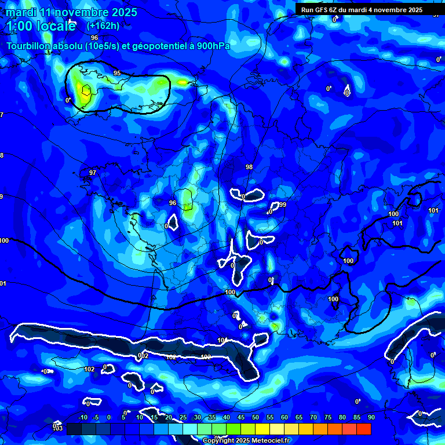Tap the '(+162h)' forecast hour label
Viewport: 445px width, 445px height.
point(103,25)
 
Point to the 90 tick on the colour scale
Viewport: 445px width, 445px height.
point(371,417)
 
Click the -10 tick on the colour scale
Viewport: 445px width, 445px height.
point(82,417)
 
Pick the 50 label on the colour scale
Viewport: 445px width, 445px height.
point(256,417)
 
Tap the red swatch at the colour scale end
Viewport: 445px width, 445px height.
point(363,429)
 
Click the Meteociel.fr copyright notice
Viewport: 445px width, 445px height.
point(246,441)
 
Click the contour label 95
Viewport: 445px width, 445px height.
point(117,73)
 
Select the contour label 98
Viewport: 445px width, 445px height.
point(249,167)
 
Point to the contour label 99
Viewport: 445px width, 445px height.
point(282,205)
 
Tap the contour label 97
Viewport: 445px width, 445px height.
point(92,173)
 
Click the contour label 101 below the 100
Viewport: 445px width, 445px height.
point(397,223)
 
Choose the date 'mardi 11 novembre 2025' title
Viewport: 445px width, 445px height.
point(72,12)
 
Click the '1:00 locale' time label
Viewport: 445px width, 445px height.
point(41,26)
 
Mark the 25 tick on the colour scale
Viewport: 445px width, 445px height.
point(183,417)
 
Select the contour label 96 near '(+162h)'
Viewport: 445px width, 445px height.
point(94,38)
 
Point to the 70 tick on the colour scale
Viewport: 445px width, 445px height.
point(313,417)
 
